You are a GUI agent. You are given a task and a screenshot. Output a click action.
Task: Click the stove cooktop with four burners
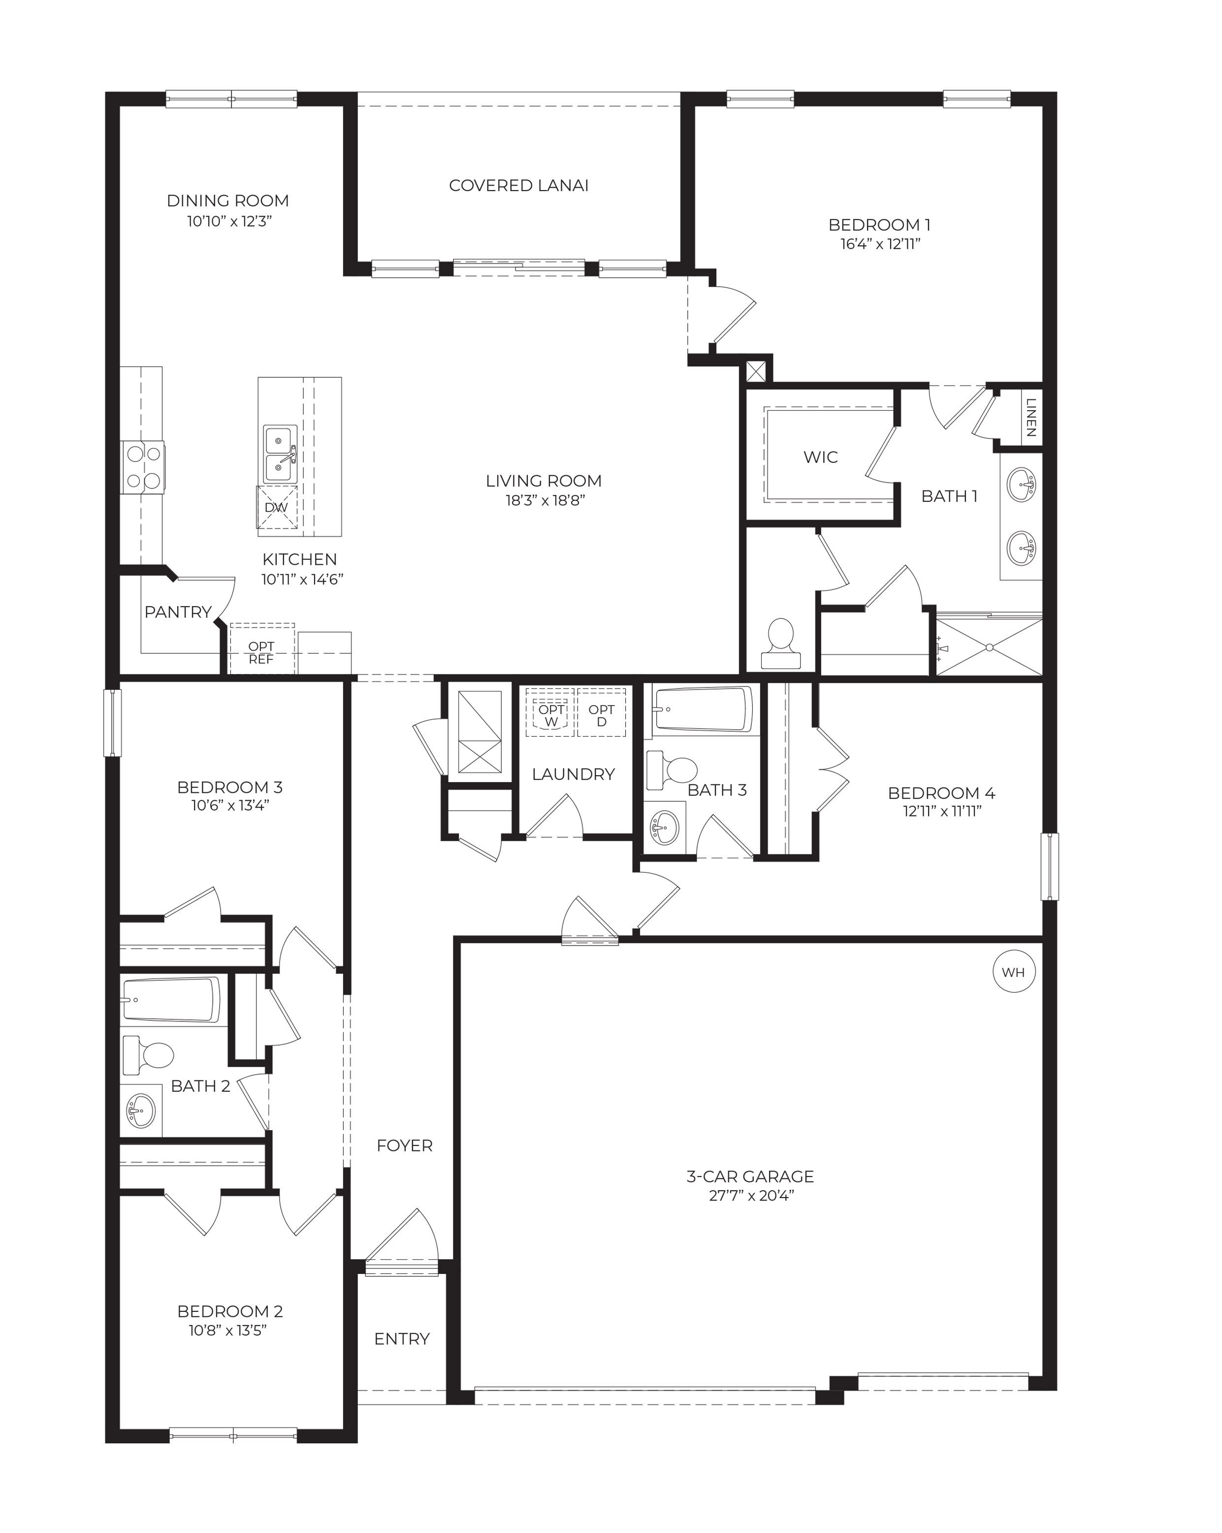point(142,467)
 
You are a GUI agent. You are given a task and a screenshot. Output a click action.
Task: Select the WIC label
point(820,457)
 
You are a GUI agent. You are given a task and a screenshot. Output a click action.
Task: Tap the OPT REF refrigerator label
point(261,652)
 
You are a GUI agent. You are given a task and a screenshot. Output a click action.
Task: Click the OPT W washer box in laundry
point(550,715)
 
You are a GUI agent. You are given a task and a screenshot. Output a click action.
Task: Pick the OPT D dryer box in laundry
point(602,715)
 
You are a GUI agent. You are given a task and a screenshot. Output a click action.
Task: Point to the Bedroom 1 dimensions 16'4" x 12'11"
point(879,244)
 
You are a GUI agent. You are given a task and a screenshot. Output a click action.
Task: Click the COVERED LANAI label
point(518,186)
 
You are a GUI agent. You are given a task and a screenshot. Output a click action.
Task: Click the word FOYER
point(404,1145)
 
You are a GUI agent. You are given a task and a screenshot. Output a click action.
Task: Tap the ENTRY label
point(402,1339)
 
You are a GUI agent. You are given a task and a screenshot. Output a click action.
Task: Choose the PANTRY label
point(178,612)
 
